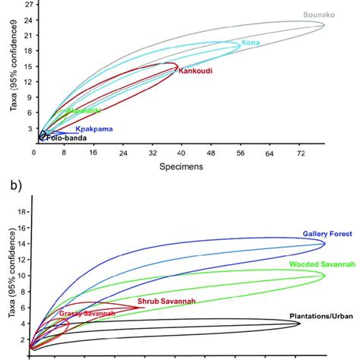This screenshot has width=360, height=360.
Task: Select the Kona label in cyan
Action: point(251,43)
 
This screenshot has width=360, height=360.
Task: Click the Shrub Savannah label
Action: point(166,302)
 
